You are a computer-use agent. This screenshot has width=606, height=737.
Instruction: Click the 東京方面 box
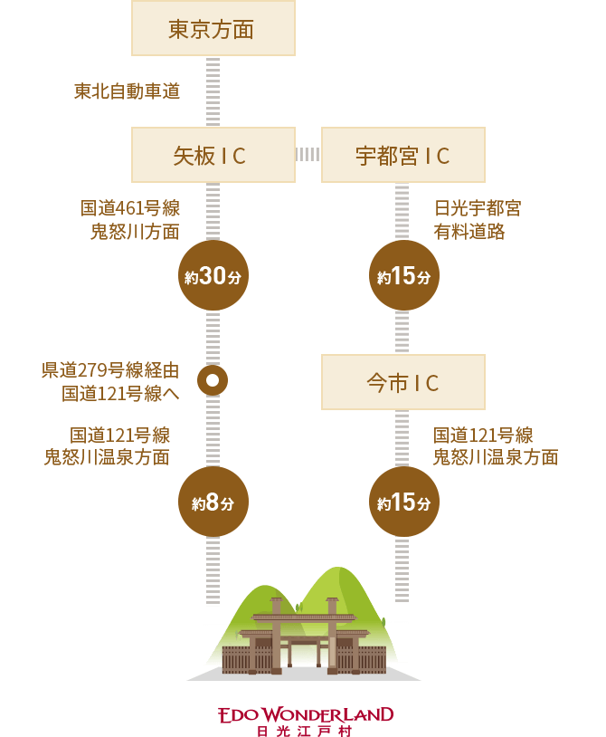(213, 29)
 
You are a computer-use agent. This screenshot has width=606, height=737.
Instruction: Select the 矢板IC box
(213, 155)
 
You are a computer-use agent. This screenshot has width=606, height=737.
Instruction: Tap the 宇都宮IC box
(403, 155)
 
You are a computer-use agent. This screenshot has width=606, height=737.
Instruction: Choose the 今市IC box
(403, 382)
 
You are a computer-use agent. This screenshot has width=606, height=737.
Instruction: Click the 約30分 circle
(213, 276)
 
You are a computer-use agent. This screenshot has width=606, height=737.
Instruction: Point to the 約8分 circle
(213, 502)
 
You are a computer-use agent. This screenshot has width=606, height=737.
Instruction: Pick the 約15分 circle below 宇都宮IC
(403, 276)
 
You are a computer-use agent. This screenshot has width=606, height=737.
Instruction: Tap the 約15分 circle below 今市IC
(403, 502)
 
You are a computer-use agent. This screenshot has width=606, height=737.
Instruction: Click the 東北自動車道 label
(127, 91)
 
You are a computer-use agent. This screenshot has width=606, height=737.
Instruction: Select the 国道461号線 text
(130, 208)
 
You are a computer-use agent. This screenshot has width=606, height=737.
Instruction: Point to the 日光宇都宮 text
(478, 208)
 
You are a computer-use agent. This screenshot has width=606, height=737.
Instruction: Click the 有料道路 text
(469, 232)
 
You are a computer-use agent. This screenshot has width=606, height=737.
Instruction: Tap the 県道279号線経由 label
(110, 370)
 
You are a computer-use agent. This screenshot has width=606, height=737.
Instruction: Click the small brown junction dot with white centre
(213, 380)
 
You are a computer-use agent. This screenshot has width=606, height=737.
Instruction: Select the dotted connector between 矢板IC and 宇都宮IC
(308, 155)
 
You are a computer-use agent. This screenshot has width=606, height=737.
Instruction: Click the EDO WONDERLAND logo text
(306, 714)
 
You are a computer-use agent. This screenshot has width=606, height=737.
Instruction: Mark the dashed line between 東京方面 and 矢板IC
(213, 91)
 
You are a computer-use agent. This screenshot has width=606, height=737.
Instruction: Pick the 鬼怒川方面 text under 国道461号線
(135, 232)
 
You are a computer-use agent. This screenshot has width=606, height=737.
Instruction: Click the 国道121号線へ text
(120, 393)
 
